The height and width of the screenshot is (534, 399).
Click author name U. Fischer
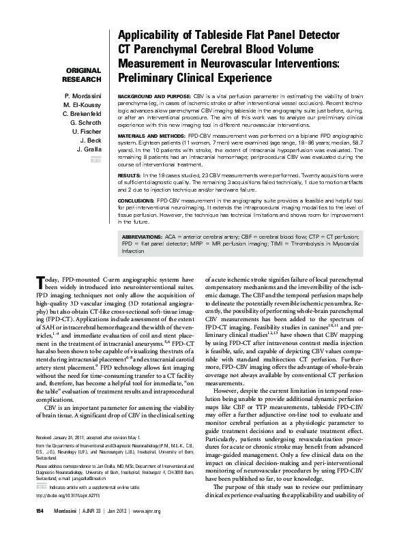pos(85,130)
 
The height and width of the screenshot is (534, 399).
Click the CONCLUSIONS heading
pos(136,203)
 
